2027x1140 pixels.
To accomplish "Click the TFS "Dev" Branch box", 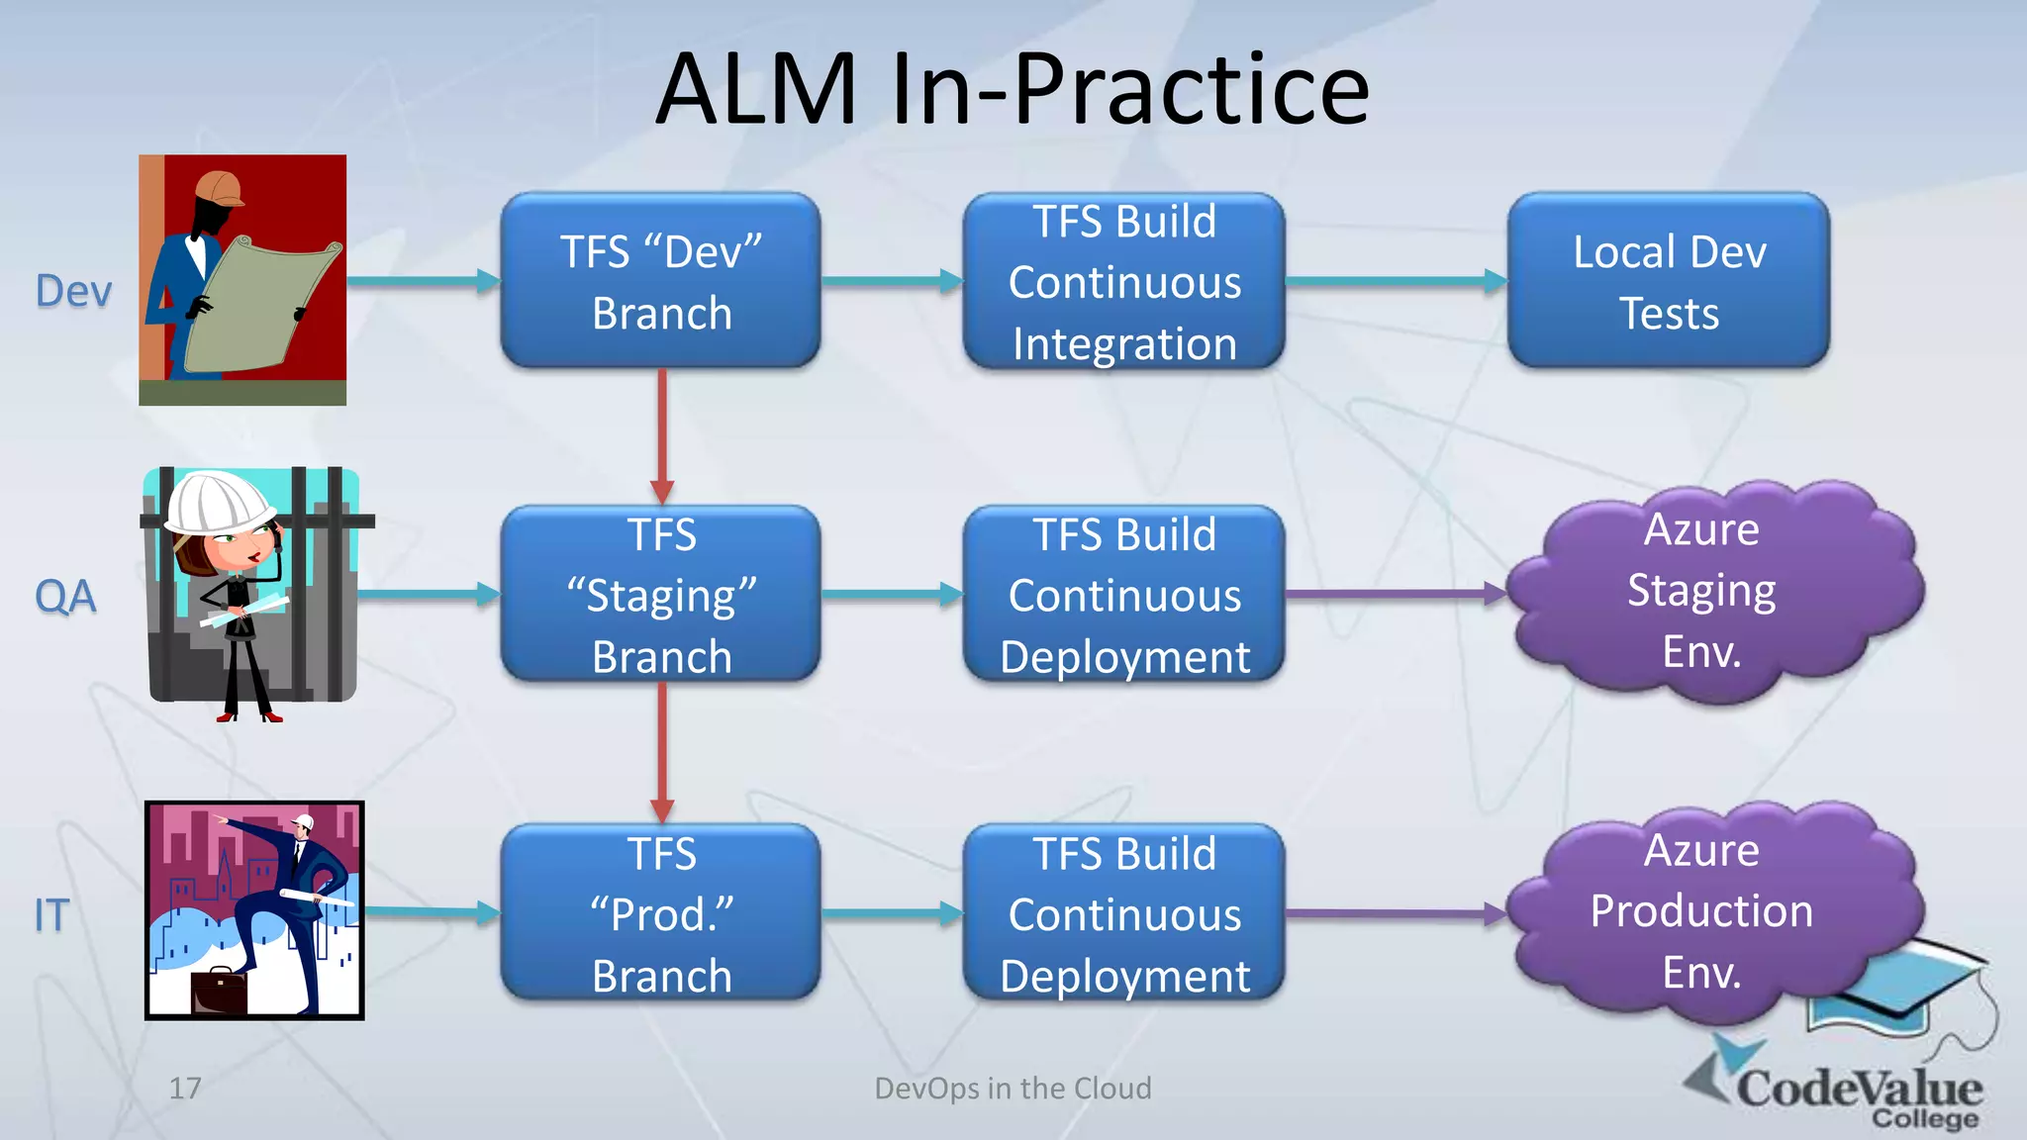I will click(x=660, y=281).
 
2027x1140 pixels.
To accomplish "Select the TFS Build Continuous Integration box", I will click(x=1123, y=281).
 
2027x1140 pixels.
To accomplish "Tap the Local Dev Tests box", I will click(x=1668, y=281).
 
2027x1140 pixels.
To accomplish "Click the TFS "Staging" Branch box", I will click(x=660, y=595).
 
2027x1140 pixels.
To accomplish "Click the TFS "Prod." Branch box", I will click(x=660, y=913).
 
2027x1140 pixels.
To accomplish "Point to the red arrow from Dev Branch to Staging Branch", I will click(x=662, y=435).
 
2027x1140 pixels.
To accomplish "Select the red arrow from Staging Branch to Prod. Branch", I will click(x=662, y=752).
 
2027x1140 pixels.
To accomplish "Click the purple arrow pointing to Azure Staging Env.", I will click(x=1396, y=595).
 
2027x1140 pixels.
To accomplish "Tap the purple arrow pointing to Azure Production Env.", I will click(x=1396, y=913).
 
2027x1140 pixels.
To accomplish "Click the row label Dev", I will click(x=73, y=292).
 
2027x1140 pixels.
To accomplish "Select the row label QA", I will click(x=65, y=597).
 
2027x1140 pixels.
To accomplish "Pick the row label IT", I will click(x=51, y=915).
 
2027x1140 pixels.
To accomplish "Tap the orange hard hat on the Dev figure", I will click(x=220, y=188).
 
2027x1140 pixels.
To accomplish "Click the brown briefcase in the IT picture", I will click(x=218, y=992).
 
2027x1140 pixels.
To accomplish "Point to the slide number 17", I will click(x=185, y=1089).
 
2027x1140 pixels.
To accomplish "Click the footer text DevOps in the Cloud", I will click(x=1013, y=1089).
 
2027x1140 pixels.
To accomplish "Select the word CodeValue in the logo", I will click(x=1859, y=1089).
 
